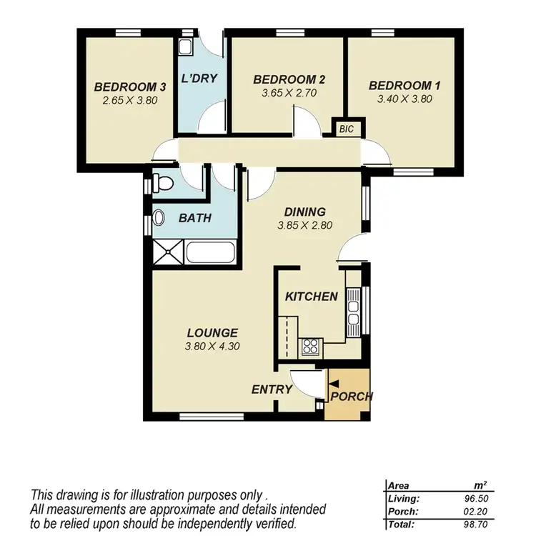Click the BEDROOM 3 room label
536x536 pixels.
(x=130, y=87)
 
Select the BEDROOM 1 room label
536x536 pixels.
(x=405, y=86)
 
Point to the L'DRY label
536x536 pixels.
(x=199, y=79)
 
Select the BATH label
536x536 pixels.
(x=194, y=218)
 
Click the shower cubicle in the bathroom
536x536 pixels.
(x=168, y=252)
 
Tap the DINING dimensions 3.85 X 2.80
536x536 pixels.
(x=305, y=225)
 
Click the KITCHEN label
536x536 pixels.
(x=311, y=297)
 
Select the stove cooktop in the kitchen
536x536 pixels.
(x=310, y=347)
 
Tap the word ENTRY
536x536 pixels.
(x=272, y=389)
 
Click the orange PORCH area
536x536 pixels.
(x=348, y=404)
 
